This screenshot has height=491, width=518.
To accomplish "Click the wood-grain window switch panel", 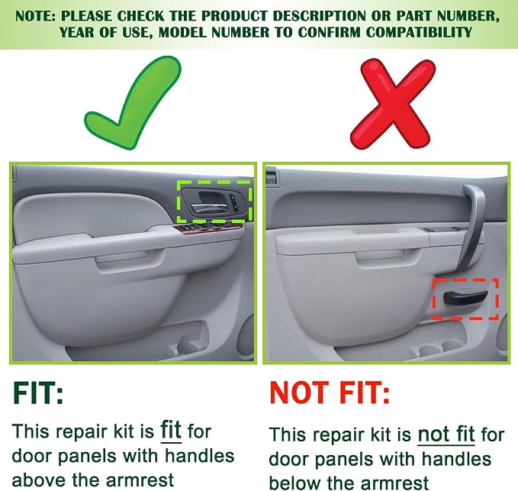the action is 208,228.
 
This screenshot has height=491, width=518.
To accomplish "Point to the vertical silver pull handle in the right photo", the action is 471,228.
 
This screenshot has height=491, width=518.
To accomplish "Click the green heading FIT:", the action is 38,393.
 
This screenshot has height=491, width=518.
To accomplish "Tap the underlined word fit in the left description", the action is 171,431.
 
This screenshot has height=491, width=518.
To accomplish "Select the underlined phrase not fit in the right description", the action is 446,434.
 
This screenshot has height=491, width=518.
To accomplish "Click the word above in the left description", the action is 39,480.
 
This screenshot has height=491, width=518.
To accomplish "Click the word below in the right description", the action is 295,483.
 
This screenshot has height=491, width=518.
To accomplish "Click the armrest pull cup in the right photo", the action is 388,259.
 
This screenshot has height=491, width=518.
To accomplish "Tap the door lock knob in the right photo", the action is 271,175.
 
